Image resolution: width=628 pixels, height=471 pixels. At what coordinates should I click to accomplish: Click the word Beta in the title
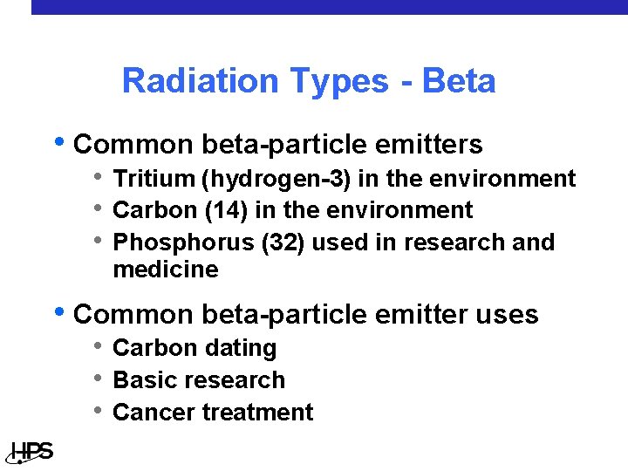point(459,81)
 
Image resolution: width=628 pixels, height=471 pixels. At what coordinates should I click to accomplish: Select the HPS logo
point(31,452)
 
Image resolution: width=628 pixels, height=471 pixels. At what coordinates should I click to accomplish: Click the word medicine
point(166,270)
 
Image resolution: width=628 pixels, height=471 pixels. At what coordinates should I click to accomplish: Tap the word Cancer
point(151,412)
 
